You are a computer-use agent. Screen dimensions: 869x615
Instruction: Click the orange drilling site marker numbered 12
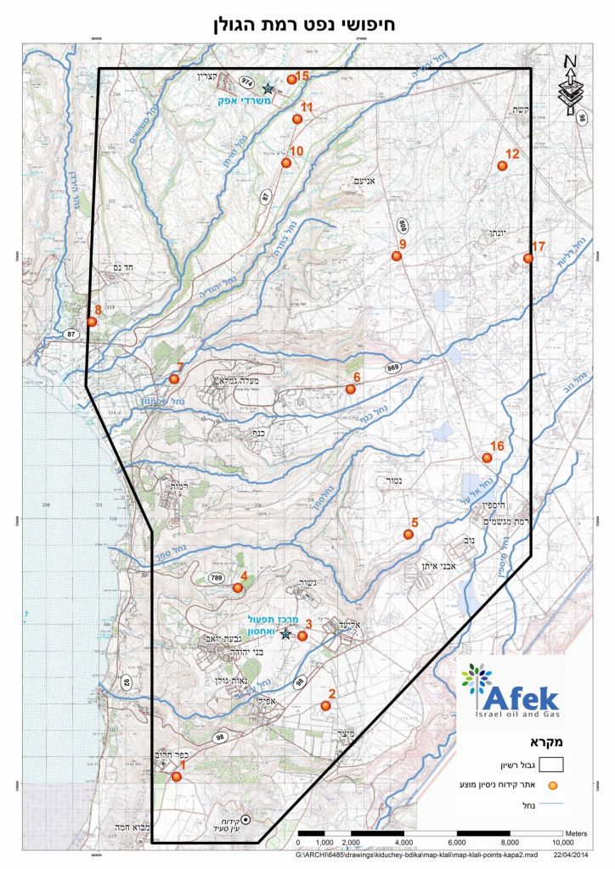(x=502, y=165)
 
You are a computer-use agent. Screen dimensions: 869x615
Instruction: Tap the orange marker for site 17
(x=528, y=258)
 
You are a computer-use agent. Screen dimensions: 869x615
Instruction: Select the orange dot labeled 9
(x=396, y=255)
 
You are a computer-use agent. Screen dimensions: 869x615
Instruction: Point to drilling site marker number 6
(x=350, y=389)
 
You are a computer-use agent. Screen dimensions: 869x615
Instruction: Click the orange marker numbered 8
(x=92, y=322)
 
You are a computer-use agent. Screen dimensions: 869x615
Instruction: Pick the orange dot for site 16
(x=487, y=458)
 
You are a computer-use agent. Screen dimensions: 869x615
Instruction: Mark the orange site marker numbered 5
(x=408, y=535)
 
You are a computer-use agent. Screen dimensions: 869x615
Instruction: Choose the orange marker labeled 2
(x=325, y=705)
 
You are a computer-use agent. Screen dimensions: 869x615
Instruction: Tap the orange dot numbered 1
(x=177, y=776)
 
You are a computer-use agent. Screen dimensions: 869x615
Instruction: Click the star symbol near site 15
(x=268, y=88)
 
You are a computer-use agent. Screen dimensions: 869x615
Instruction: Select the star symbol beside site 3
(x=285, y=634)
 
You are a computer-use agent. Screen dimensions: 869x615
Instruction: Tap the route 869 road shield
(x=393, y=367)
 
